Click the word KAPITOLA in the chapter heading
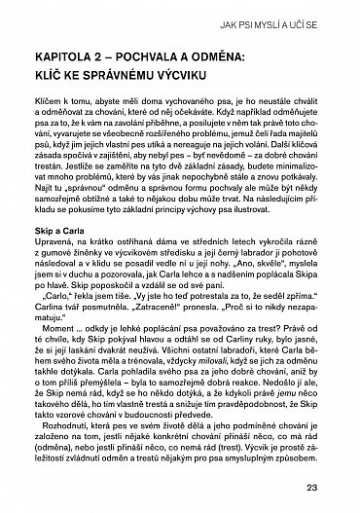coord(58,59)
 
